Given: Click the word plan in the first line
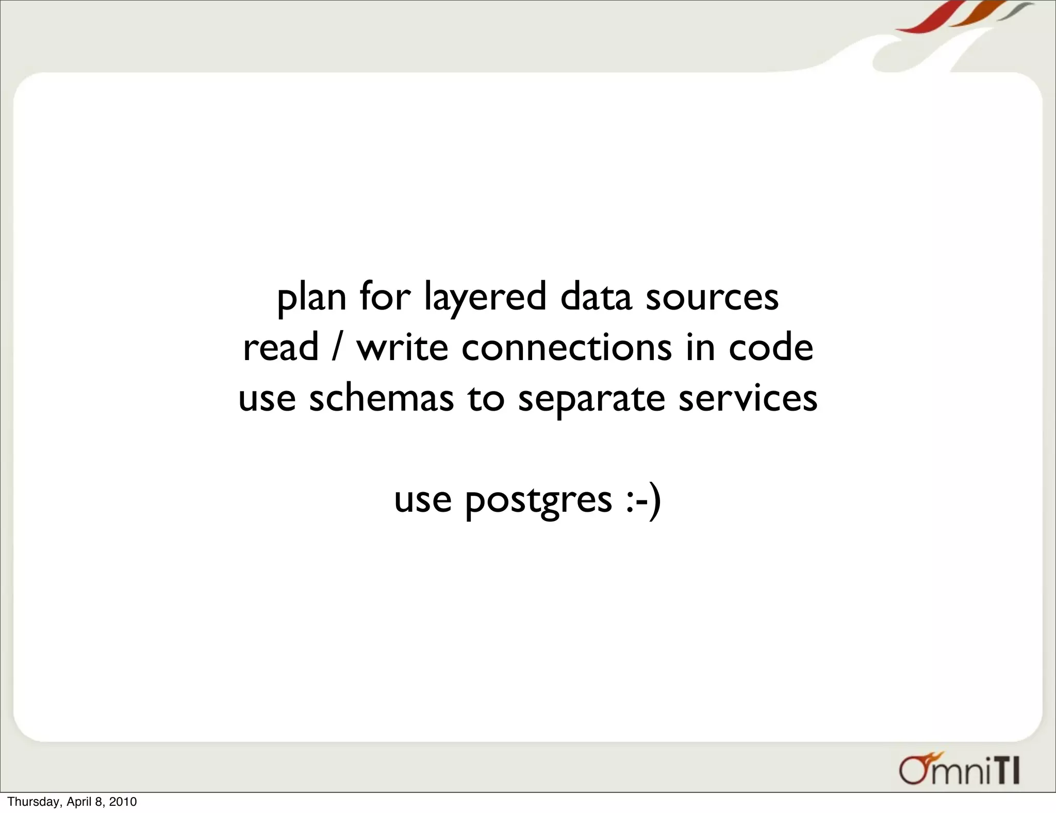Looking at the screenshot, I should [311, 298].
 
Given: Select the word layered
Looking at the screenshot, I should [485, 298].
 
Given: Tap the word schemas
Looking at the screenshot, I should [381, 398].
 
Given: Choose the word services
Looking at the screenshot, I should [748, 398].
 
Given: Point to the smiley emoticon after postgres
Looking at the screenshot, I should [642, 500].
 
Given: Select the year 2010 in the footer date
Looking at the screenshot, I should [124, 802].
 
